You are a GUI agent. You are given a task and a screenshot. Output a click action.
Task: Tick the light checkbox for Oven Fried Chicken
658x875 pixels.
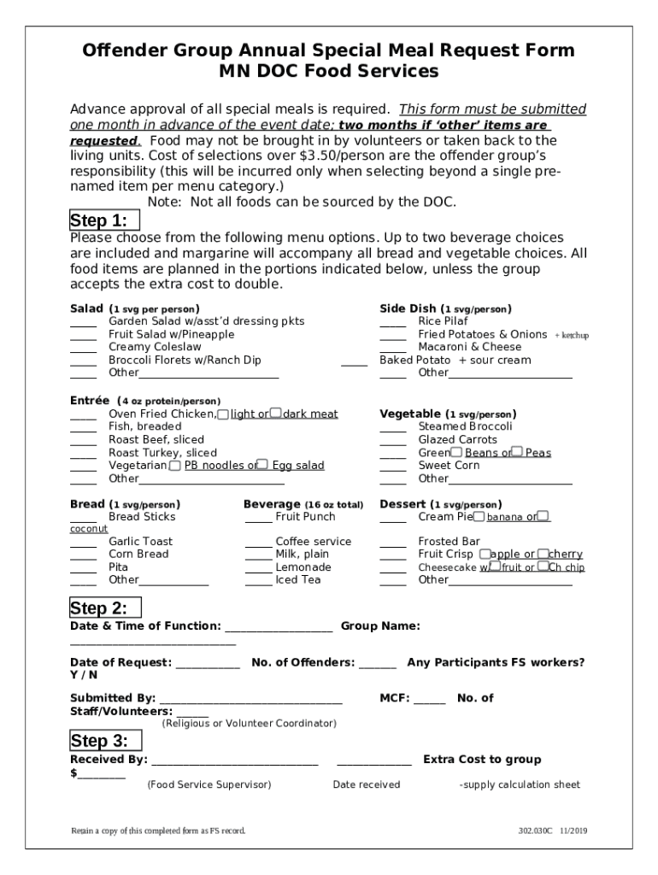coord(223,414)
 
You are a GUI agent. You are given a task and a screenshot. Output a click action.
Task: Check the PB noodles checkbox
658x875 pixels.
coord(175,466)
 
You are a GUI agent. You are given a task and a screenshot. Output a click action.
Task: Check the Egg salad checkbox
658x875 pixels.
coord(263,466)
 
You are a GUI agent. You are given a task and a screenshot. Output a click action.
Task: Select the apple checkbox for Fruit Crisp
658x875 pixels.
coord(484,555)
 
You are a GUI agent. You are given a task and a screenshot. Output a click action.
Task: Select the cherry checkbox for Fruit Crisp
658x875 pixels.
coord(543,555)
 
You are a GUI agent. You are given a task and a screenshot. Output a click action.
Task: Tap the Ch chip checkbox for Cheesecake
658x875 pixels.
coord(543,567)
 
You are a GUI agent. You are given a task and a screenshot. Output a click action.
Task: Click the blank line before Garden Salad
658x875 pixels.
coord(83,326)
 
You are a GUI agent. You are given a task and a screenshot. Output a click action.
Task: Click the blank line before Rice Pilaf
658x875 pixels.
coord(392,326)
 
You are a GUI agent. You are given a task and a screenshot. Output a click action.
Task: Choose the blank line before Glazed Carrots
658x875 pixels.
coord(392,443)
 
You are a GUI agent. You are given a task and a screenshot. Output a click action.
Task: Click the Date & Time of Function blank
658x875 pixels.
coord(278,630)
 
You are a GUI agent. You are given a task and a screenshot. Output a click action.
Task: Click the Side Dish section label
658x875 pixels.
coord(408,308)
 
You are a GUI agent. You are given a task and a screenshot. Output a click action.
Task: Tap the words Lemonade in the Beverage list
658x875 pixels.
coord(303,567)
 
